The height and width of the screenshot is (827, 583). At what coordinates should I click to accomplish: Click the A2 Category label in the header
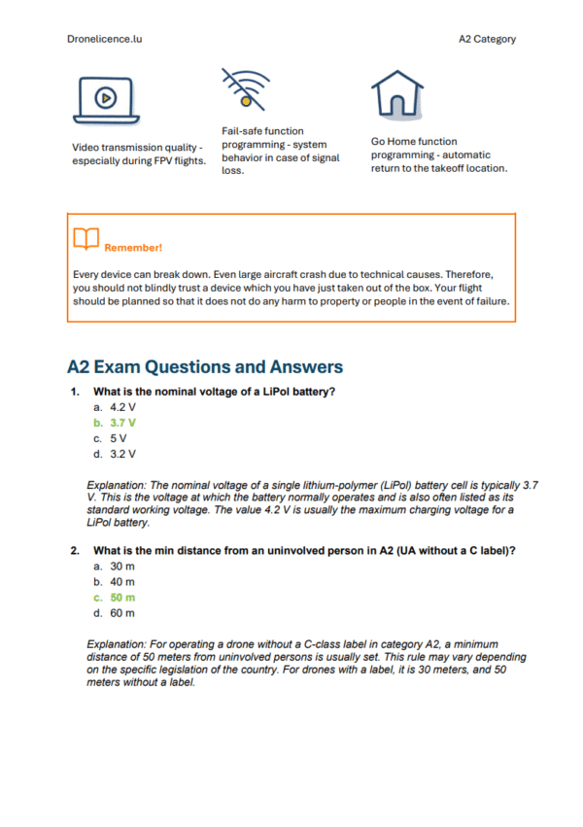pos(488,40)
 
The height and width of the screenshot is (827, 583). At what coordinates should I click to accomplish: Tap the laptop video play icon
pos(105,97)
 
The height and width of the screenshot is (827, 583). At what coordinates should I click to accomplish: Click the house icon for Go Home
pos(395,94)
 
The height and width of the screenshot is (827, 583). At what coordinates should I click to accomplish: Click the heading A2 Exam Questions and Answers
pos(205,367)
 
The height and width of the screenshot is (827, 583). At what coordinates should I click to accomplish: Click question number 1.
pos(74,392)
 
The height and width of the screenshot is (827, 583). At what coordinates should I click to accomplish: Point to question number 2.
pos(74,551)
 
